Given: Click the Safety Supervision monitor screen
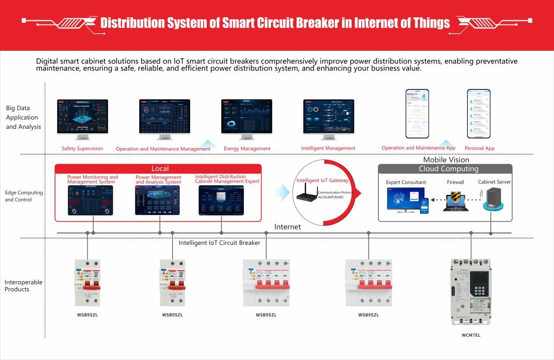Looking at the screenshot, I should (82, 116).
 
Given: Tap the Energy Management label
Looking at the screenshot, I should (247, 148).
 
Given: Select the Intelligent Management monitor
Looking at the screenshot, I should (328, 116).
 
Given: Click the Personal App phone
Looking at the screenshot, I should (478, 113).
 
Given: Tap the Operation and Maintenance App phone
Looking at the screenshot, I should (417, 113).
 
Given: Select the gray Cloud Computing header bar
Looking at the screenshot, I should (445, 169).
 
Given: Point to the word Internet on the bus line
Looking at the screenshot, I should (287, 227).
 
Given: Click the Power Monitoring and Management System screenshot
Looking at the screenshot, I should (90, 200).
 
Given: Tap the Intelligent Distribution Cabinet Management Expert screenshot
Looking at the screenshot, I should (221, 200).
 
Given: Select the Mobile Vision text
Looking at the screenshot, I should (446, 160).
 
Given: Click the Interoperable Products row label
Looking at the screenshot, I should (24, 286).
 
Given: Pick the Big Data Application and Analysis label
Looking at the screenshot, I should (23, 117).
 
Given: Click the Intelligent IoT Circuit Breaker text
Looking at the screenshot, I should (219, 243).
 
